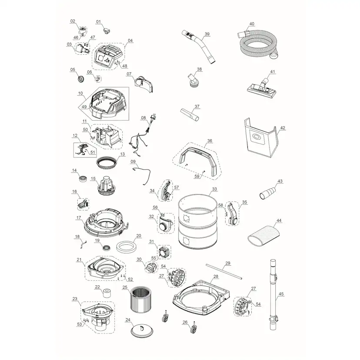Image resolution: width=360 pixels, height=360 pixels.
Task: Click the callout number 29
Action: coord(228,263)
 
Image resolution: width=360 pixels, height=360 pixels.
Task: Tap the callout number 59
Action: coord(197,177)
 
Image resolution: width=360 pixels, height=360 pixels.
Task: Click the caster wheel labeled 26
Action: coord(193,328)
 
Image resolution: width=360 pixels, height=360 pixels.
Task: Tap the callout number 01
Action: coord(98,22)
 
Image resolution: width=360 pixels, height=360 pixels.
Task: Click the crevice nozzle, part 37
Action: coord(190,115)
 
